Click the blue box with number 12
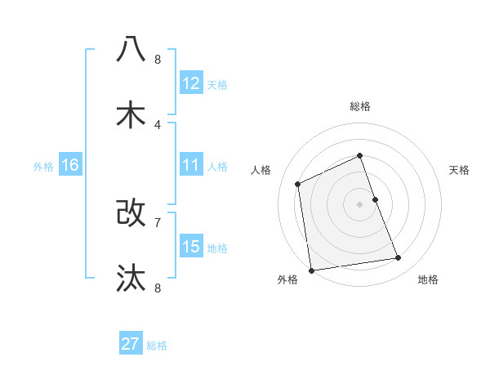(x=191, y=83)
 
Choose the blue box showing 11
(x=191, y=165)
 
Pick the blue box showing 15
(x=191, y=247)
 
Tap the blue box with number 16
(x=70, y=165)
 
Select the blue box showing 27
(x=131, y=344)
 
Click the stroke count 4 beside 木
(x=158, y=124)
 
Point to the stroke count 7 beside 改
(x=158, y=221)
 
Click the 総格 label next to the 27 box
(x=157, y=346)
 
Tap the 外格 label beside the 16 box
(x=43, y=167)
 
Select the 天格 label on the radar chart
(x=460, y=170)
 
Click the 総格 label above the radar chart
(x=360, y=106)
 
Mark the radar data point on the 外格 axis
(x=311, y=270)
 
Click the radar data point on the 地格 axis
(x=399, y=258)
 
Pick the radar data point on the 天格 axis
(x=375, y=199)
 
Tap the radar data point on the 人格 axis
(x=298, y=184)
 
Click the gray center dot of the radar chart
(x=360, y=204)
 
